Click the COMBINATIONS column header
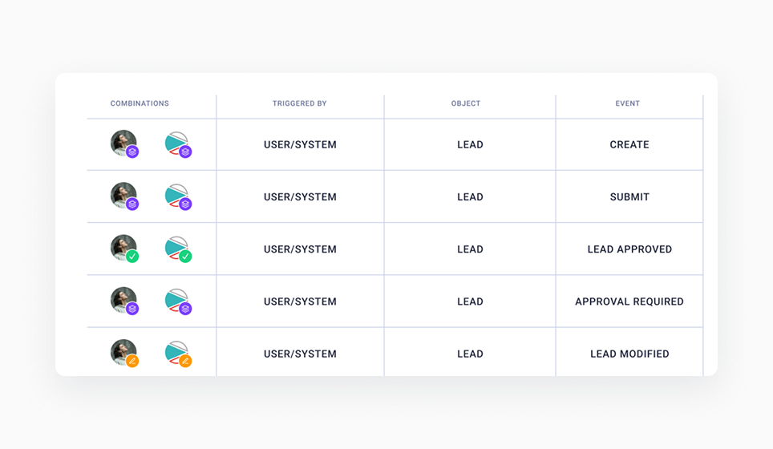click(x=140, y=103)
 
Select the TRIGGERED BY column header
click(x=299, y=103)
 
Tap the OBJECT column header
click(x=466, y=103)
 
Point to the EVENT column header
click(x=628, y=103)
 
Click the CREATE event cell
click(x=629, y=145)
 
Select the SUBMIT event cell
click(x=629, y=197)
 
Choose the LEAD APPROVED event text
click(x=629, y=249)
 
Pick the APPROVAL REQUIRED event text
click(x=629, y=302)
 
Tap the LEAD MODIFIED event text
click(x=629, y=354)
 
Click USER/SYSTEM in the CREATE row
click(x=300, y=145)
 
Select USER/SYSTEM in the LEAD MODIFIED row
click(x=300, y=354)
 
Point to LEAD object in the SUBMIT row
click(x=470, y=197)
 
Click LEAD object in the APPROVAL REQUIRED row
click(x=470, y=302)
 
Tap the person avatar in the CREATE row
click(x=123, y=142)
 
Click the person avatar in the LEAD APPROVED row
click(x=123, y=247)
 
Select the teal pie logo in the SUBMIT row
click(x=176, y=195)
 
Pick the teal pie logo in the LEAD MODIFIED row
click(x=176, y=352)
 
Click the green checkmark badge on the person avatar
click(x=132, y=257)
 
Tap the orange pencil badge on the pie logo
click(x=185, y=362)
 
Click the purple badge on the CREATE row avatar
click(x=132, y=152)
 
